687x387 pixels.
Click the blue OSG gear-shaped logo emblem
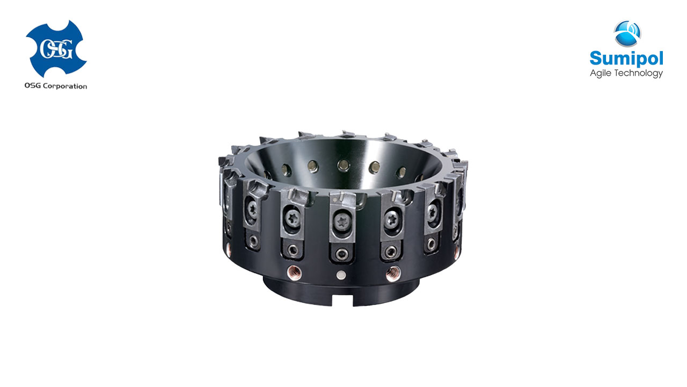(56, 49)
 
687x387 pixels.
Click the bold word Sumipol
(626, 59)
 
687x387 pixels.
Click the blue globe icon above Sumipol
(627, 33)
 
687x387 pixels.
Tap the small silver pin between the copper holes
(341, 275)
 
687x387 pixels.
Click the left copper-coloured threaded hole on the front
(294, 272)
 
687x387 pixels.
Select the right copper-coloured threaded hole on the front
(393, 273)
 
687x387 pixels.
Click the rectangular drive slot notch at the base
(342, 300)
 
